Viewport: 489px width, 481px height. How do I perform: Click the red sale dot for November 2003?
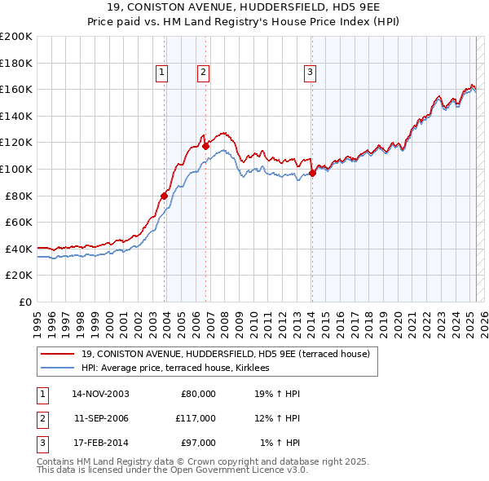coord(165,196)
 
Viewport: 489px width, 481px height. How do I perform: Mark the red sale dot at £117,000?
coord(205,147)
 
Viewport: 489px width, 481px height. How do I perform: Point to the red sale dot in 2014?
coord(313,173)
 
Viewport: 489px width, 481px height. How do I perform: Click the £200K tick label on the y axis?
coord(16,37)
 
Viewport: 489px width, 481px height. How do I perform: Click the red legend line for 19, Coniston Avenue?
coord(58,355)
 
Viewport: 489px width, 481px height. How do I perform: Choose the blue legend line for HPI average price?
coord(58,368)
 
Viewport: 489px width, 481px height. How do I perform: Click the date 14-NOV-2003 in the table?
coord(101,394)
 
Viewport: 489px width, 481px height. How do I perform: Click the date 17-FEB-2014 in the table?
coord(101,443)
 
